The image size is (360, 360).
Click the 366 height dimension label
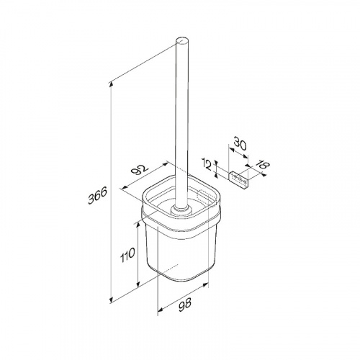[x=97, y=196]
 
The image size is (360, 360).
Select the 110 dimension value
[x=127, y=256]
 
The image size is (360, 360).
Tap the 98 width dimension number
[x=185, y=305]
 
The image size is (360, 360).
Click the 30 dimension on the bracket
[x=240, y=143]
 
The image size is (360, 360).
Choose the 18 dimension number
[x=264, y=165]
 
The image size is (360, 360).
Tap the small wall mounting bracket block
[x=239, y=179]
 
